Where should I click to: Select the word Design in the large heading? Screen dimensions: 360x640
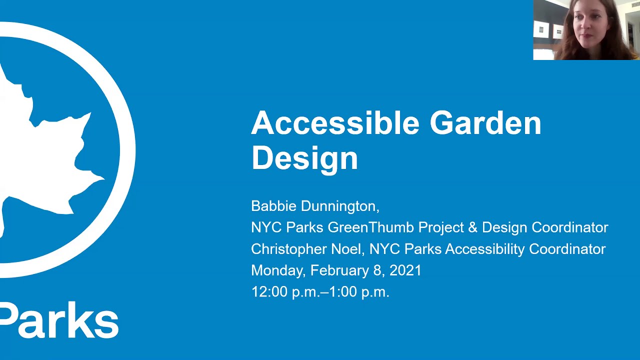click(304, 158)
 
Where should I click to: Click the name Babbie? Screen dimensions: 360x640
click(273, 206)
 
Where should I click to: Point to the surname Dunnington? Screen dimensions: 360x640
click(340, 206)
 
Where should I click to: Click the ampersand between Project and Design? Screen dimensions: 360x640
click(472, 227)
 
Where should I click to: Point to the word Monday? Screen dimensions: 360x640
click(277, 270)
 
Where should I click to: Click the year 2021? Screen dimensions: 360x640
click(405, 270)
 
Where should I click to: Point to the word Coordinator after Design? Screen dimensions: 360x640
click(569, 227)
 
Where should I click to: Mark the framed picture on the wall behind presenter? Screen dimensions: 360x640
click(541, 29)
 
